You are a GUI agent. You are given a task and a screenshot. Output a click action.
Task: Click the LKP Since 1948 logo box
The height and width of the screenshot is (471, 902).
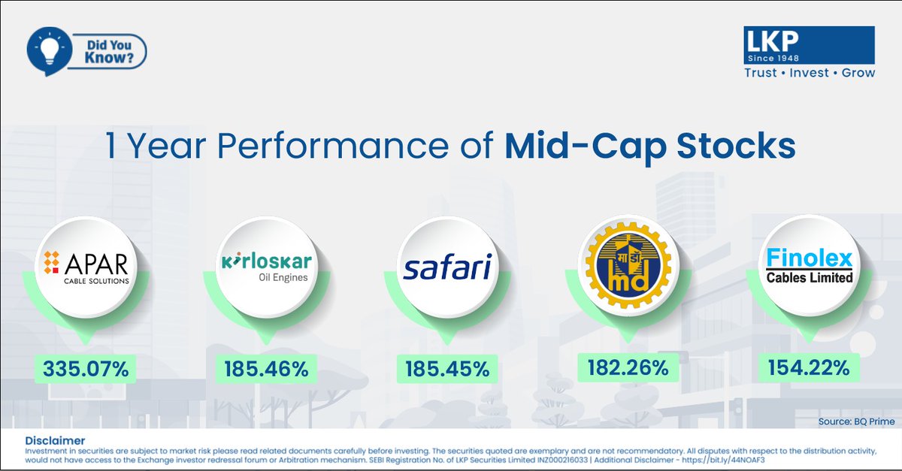click(809, 45)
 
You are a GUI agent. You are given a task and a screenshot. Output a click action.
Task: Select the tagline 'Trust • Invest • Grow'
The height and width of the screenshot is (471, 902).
click(809, 73)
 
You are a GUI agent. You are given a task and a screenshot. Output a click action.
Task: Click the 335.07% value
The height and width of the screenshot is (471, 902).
click(86, 369)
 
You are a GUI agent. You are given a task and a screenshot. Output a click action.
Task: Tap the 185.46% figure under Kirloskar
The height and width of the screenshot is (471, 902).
click(266, 369)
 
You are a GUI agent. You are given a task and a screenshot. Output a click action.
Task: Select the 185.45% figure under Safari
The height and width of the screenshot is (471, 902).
click(447, 369)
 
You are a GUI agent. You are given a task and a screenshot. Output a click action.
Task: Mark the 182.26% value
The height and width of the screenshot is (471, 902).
click(628, 367)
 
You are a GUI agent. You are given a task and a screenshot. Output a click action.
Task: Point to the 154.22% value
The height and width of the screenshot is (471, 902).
click(809, 367)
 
